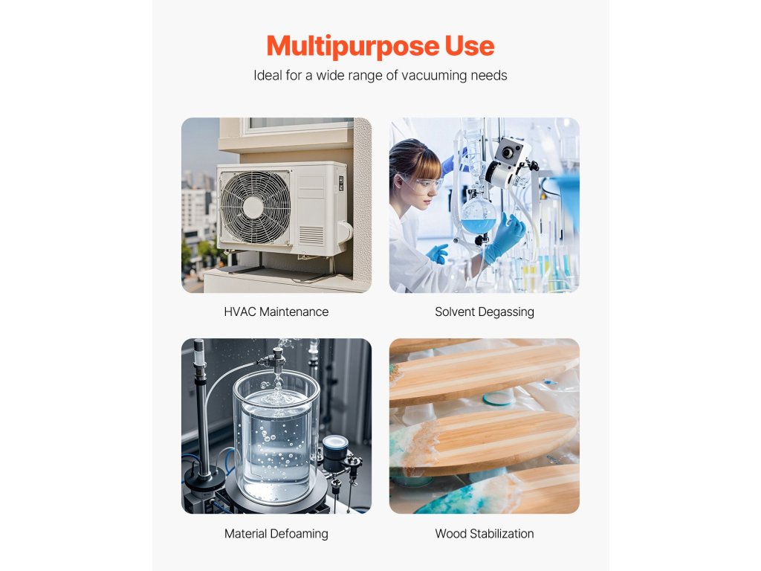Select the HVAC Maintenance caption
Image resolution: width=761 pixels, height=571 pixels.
(x=276, y=312)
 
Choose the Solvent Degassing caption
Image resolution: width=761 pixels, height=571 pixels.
(x=485, y=312)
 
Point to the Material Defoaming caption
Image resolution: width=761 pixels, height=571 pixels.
(x=276, y=534)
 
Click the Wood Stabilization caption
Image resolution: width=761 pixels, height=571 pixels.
(x=485, y=534)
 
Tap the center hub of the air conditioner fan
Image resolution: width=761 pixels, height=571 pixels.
(x=253, y=207)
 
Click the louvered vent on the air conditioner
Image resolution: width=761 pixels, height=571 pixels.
(x=311, y=235)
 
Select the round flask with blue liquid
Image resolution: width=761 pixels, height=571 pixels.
(x=478, y=216)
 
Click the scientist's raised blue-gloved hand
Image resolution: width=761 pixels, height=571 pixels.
(x=506, y=236)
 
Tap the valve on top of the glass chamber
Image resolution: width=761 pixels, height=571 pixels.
(x=277, y=358)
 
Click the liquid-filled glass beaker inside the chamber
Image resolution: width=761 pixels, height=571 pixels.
(x=276, y=447)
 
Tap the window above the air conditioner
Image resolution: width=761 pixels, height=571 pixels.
(x=299, y=124)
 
